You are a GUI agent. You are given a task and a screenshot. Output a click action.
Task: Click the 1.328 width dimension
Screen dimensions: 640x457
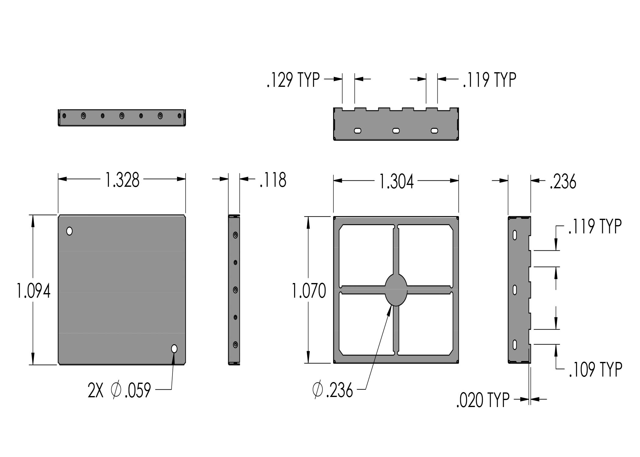point(122,180)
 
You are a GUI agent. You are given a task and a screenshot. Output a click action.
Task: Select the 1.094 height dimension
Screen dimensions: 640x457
point(33,291)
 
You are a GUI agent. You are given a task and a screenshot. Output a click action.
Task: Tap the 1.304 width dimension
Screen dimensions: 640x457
point(396,182)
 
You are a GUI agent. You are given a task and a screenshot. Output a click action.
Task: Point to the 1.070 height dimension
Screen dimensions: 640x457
point(309,291)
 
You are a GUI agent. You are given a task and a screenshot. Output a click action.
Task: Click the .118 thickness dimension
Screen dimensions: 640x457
point(273,180)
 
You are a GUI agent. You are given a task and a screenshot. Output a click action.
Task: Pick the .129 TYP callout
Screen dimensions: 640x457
point(293,80)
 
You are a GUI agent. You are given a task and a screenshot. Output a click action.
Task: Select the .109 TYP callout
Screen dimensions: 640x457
point(596,369)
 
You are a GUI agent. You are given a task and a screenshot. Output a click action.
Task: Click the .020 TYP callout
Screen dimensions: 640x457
point(483,400)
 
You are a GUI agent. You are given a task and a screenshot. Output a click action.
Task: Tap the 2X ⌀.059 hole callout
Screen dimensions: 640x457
point(119,390)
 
